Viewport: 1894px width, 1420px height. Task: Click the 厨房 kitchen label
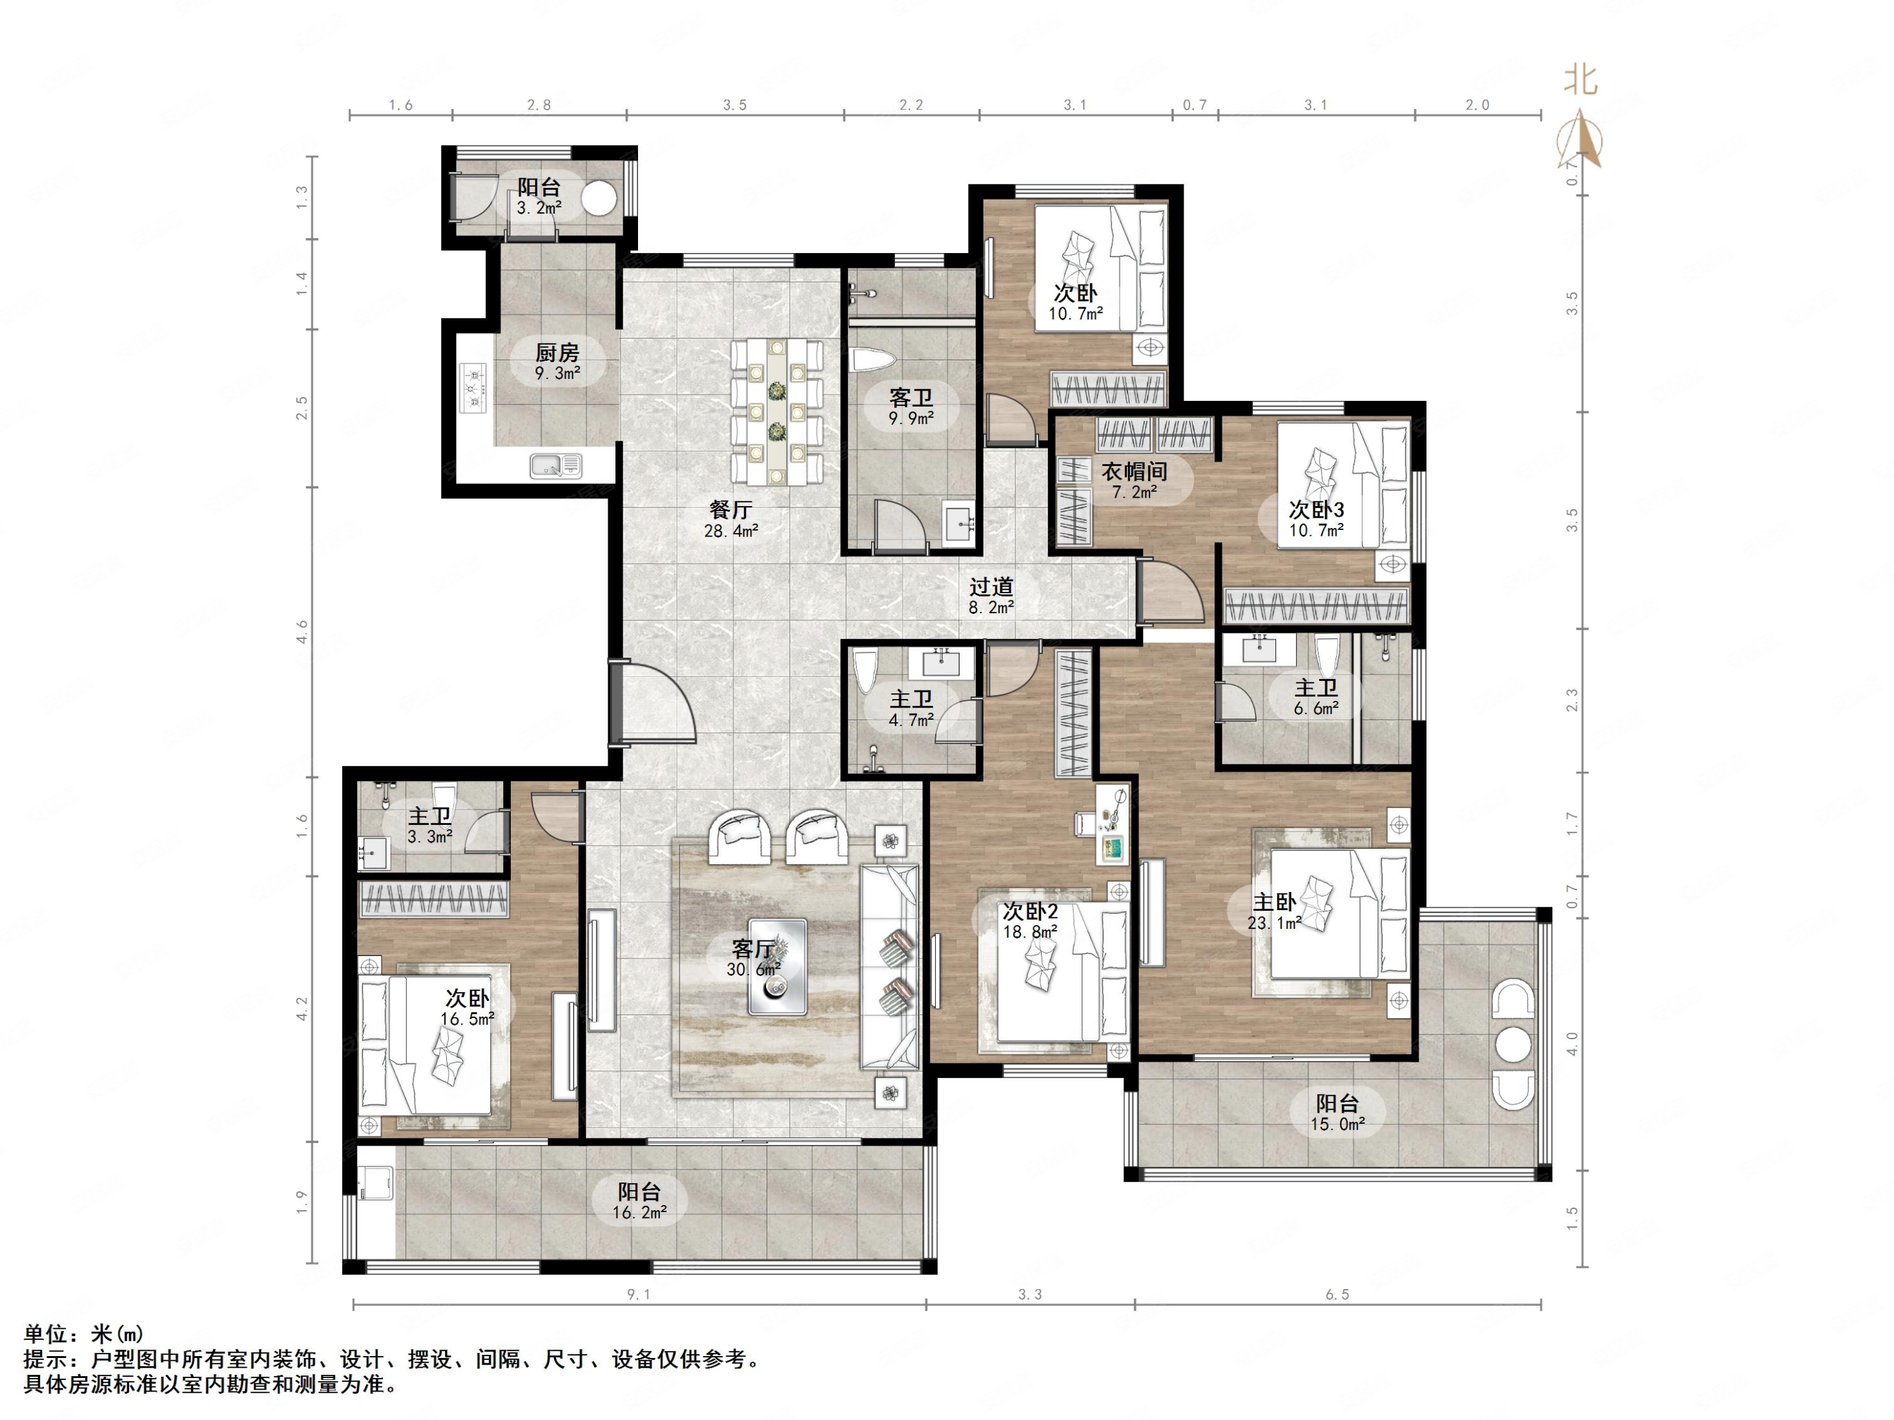click(x=557, y=352)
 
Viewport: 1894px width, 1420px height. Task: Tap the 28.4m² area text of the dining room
click(x=731, y=531)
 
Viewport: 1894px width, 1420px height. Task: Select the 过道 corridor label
click(x=991, y=586)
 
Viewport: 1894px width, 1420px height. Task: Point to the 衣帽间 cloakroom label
click(x=1135, y=471)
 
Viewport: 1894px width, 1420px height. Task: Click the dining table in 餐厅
click(x=777, y=412)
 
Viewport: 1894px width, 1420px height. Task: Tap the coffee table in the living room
click(x=777, y=967)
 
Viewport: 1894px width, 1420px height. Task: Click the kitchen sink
click(x=556, y=465)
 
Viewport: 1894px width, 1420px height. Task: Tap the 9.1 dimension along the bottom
click(x=639, y=1295)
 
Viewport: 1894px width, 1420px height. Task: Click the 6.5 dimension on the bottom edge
click(x=1337, y=1295)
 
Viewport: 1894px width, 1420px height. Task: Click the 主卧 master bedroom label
click(x=1274, y=901)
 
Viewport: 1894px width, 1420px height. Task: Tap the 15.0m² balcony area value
click(x=1337, y=1124)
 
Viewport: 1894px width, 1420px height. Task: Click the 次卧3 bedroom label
click(x=1316, y=509)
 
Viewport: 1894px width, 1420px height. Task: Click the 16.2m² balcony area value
click(x=639, y=1212)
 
